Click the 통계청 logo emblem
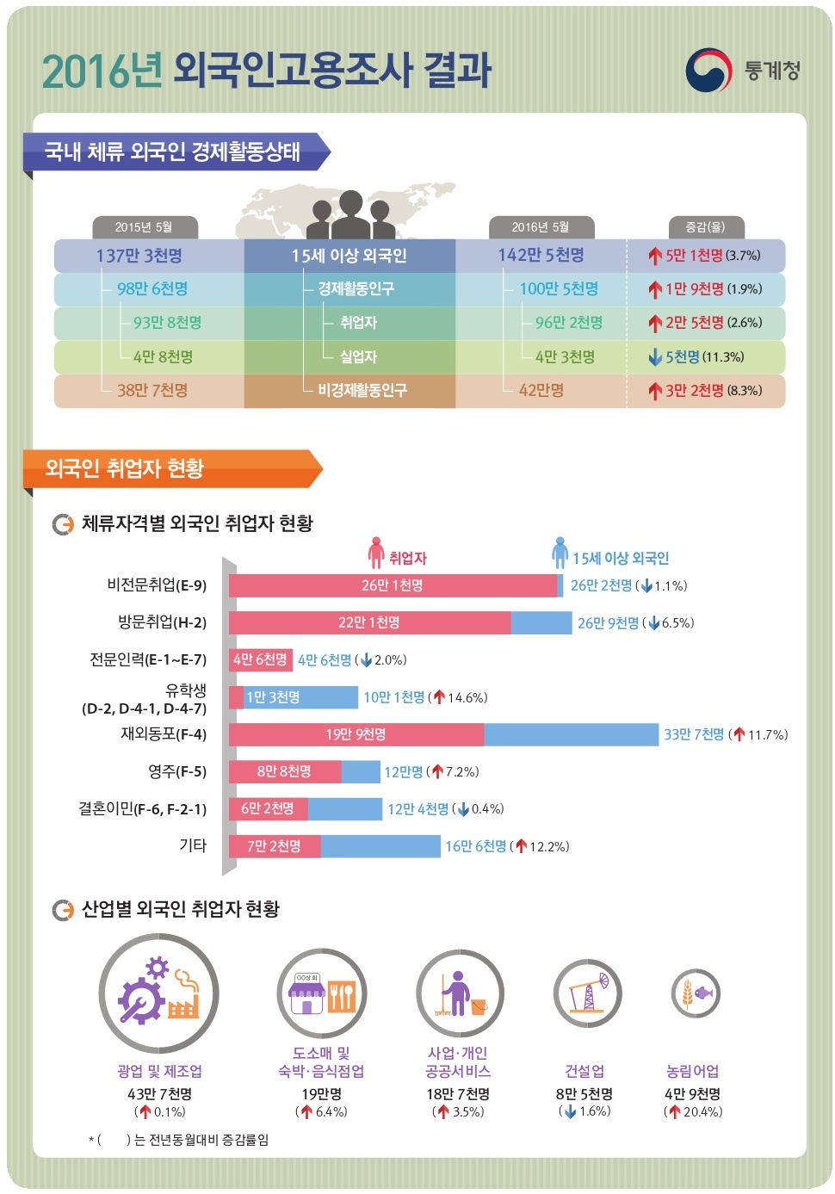[708, 71]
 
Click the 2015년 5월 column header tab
[144, 227]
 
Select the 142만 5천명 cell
[541, 256]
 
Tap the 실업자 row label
[358, 356]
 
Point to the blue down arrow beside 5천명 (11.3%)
[655, 357]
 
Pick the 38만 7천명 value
[152, 390]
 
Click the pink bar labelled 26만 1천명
[393, 585]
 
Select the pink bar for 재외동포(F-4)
[356, 734]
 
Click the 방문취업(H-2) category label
[162, 622]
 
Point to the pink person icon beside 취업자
[375, 554]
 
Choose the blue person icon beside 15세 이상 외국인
[560, 554]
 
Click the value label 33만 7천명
[694, 734]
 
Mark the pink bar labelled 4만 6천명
[260, 659]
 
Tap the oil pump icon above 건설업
[588, 993]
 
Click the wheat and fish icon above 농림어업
[696, 993]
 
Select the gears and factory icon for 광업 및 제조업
[159, 993]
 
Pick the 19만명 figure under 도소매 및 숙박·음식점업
[321, 1093]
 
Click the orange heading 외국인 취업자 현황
[124, 468]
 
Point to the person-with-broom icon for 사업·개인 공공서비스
[460, 993]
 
